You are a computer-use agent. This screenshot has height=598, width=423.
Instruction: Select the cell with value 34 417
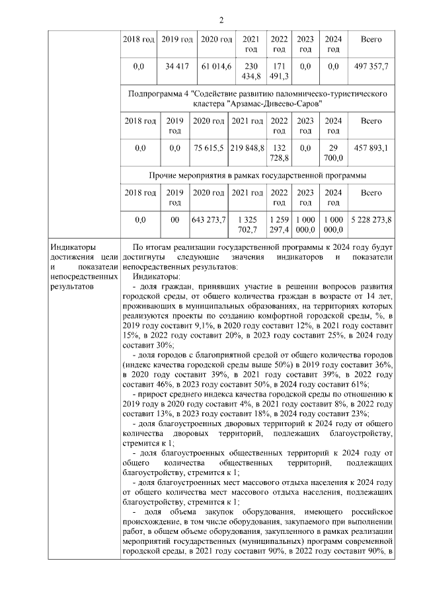(176, 67)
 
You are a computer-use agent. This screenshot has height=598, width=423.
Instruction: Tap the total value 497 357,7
(371, 67)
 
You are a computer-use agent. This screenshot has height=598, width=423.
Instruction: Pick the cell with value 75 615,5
(208, 148)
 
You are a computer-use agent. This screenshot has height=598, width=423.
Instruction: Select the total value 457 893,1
(371, 148)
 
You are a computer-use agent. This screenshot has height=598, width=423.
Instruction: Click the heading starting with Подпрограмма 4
(257, 99)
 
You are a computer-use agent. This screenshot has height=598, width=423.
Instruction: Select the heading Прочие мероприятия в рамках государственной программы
(257, 175)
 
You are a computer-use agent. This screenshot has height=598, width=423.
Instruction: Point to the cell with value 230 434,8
(252, 71)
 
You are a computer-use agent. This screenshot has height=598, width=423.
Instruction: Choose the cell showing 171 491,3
(280, 71)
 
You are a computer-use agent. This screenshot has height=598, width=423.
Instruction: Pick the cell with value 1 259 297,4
(280, 224)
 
